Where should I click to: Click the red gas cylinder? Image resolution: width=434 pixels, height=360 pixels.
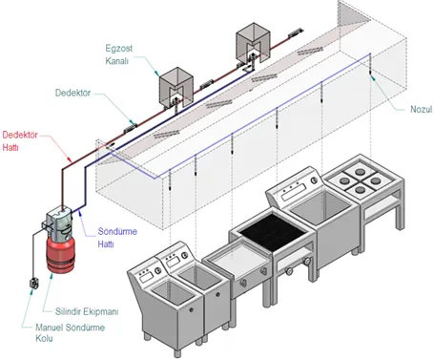[x=61, y=254]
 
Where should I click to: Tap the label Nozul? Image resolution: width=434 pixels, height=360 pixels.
[x=422, y=109]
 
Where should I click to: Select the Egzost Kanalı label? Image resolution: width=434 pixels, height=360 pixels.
[x=118, y=54]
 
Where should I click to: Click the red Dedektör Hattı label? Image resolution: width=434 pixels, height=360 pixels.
[x=20, y=141]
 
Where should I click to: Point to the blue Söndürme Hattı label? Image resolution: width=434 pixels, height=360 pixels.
[x=117, y=238]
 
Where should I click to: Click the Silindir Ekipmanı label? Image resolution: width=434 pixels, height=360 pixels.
[x=87, y=311]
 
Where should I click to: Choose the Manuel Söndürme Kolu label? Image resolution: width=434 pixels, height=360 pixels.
[x=70, y=332]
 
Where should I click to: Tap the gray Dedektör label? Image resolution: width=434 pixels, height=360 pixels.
[x=72, y=93]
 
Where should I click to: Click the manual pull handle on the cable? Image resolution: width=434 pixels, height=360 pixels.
[x=34, y=284]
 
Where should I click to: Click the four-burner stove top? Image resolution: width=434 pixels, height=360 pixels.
[x=361, y=180]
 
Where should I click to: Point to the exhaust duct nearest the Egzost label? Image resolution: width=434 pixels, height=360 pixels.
[x=176, y=87]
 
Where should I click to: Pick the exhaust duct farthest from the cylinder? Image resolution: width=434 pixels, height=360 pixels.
[x=253, y=43]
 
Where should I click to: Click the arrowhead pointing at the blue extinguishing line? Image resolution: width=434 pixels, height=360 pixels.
[x=79, y=211]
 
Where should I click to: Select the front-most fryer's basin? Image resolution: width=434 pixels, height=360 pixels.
[x=173, y=292]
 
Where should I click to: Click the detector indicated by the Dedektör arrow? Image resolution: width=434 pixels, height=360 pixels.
[x=131, y=127]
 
